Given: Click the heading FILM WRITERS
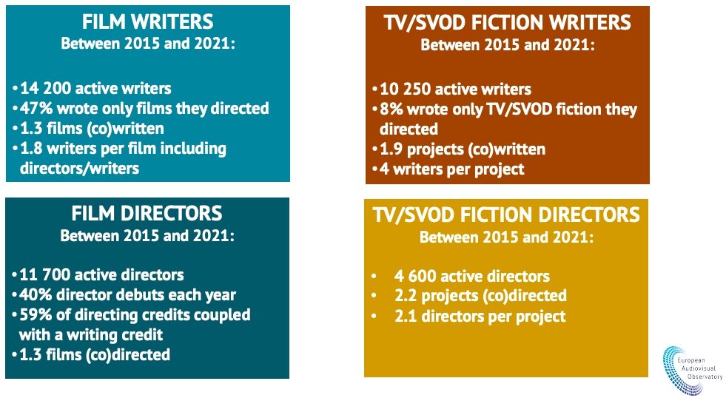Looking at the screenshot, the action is point(148,21).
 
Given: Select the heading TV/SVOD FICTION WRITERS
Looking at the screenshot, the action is point(508,23).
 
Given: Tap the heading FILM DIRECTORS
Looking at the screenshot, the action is point(147,213).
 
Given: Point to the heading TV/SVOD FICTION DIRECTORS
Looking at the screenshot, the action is point(506,215).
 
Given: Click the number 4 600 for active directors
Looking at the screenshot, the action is point(415,276).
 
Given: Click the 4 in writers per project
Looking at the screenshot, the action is point(384,169).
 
